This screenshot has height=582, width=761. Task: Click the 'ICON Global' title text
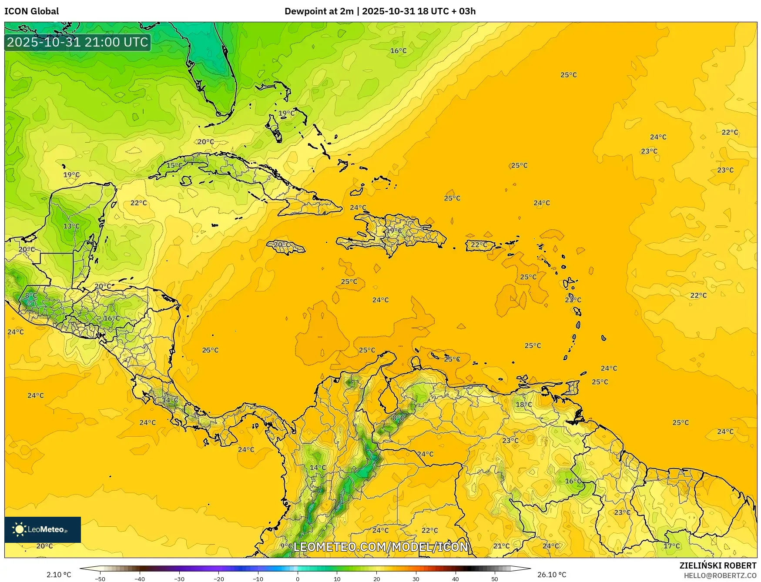31,11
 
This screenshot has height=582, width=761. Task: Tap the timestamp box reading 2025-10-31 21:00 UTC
78,42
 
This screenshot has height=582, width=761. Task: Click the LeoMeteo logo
42,529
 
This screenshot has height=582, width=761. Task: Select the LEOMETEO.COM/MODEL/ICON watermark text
381,547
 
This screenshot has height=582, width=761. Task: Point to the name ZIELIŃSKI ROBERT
718,565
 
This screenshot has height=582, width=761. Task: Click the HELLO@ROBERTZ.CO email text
720,575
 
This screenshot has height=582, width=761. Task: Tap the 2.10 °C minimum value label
59,575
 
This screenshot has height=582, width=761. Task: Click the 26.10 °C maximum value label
552,575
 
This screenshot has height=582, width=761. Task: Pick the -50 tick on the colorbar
100,579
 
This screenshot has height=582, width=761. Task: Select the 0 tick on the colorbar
298,579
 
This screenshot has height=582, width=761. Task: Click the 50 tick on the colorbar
495,579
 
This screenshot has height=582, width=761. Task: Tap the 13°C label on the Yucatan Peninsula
71,226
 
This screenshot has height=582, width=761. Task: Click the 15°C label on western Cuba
174,165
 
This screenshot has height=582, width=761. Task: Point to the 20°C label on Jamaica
282,245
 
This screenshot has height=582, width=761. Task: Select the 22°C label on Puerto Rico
479,245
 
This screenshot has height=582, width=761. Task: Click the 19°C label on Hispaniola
394,231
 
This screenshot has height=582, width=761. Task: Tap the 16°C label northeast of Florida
398,51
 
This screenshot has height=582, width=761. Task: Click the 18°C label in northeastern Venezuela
524,405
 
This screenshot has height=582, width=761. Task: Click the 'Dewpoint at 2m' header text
319,11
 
